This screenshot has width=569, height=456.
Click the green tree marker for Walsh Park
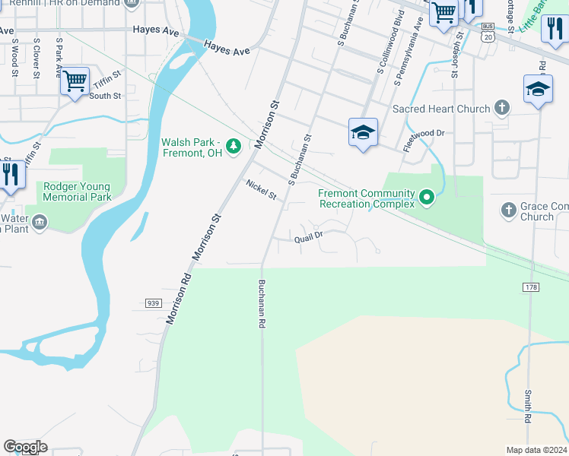[x=236, y=145]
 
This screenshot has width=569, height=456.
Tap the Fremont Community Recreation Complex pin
[x=427, y=198]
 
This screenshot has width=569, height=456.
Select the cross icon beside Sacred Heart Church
[x=501, y=108]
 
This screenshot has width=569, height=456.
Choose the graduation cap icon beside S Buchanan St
[x=363, y=132]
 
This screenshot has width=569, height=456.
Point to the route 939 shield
[x=152, y=302]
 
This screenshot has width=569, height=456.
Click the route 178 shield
[x=531, y=287]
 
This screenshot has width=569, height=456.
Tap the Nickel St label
[x=261, y=190]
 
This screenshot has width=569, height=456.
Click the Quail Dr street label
[x=310, y=237]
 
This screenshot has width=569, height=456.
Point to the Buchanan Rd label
[x=261, y=303]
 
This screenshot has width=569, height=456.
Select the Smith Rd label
[x=528, y=407]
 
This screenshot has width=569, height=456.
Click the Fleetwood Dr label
[x=423, y=138]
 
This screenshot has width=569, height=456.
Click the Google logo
[x=25, y=447]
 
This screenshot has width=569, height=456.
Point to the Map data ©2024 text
[x=536, y=450]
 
